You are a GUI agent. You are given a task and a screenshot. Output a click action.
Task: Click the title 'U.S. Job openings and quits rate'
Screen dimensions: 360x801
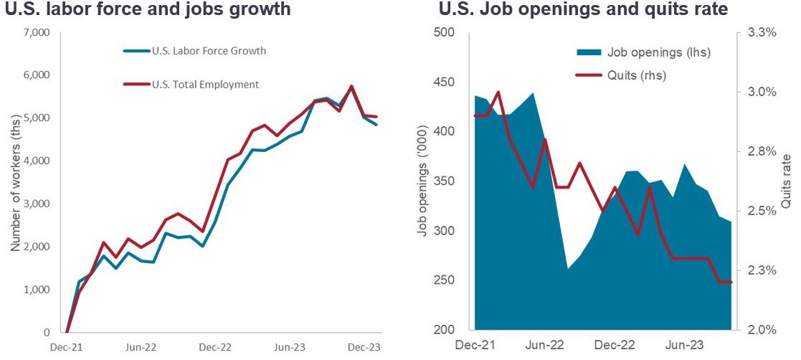[583, 9]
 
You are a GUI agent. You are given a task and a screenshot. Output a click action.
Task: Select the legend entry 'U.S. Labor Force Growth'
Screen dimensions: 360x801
[204, 51]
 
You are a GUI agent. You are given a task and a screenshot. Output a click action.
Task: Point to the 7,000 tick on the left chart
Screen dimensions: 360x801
[36, 33]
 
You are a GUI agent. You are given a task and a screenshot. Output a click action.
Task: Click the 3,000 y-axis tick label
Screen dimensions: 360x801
[36, 204]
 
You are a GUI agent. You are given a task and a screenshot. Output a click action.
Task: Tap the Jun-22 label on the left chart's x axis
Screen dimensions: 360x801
[141, 346]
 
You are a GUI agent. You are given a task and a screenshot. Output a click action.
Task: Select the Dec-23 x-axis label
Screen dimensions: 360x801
[365, 346]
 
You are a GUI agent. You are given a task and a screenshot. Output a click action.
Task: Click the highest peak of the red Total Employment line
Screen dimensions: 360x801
[351, 86]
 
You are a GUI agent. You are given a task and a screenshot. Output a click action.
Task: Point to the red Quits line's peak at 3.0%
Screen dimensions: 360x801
[498, 92]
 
